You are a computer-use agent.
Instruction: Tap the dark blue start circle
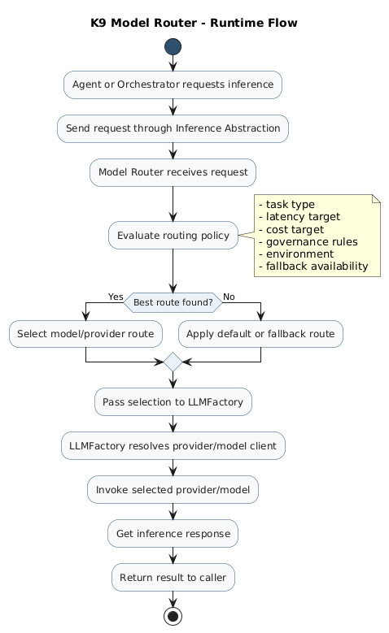pos(173,46)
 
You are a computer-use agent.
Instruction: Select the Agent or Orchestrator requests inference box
pos(173,85)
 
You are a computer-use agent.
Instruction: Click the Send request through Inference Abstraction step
pos(173,128)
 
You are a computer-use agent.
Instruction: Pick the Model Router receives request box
pos(173,172)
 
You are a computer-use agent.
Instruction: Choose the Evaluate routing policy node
pos(173,236)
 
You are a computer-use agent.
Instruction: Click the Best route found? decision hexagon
pos(173,302)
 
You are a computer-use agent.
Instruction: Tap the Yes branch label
pos(116,297)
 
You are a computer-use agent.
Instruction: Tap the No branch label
pos(229,297)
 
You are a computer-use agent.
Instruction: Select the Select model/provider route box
pos(85,334)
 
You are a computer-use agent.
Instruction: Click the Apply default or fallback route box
pos(260,334)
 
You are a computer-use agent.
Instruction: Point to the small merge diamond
pos(173,362)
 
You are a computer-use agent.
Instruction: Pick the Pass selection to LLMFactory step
pos(173,402)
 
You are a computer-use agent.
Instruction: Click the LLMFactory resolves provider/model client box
pos(173,445)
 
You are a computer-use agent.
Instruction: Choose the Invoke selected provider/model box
pos(173,490)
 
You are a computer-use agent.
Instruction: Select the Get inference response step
pos(173,534)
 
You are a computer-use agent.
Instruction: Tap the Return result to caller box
pos(173,577)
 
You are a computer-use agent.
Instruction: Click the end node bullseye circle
pos(173,616)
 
